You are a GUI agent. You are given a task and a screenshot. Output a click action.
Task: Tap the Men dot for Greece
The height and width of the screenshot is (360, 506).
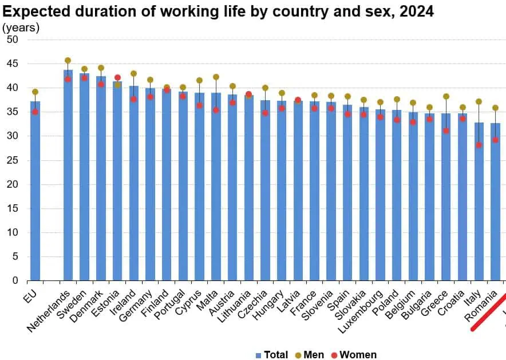(x=446, y=96)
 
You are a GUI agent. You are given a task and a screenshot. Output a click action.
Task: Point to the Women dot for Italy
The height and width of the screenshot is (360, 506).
(x=479, y=145)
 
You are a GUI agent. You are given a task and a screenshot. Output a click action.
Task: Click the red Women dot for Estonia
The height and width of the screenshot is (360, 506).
(x=117, y=77)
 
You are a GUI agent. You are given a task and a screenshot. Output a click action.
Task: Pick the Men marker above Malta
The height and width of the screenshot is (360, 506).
(x=216, y=77)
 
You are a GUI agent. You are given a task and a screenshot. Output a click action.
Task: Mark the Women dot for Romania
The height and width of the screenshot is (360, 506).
(x=496, y=140)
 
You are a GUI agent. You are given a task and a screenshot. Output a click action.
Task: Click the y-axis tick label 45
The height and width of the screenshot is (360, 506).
(x=13, y=64)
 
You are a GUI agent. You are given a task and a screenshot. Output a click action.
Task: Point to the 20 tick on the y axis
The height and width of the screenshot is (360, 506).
(x=13, y=184)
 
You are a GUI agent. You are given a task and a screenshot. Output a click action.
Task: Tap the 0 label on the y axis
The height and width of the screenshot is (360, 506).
(x=15, y=280)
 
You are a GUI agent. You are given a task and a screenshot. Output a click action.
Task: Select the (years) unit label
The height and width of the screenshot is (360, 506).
(x=21, y=27)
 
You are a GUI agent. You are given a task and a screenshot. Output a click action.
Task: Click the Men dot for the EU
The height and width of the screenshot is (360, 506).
(x=35, y=92)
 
